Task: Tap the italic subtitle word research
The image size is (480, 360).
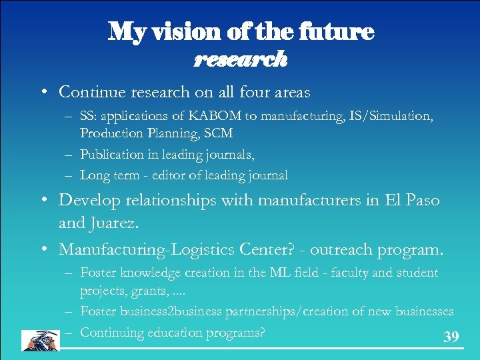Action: pos(241,59)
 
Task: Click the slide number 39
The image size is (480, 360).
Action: pos(451,337)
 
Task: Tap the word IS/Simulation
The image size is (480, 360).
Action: pos(385,116)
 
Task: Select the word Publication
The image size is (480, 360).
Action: pos(112,154)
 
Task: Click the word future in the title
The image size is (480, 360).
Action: pos(337,31)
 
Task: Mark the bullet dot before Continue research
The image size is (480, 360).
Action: pos(43,92)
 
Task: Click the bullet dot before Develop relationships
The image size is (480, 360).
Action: pos(43,201)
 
